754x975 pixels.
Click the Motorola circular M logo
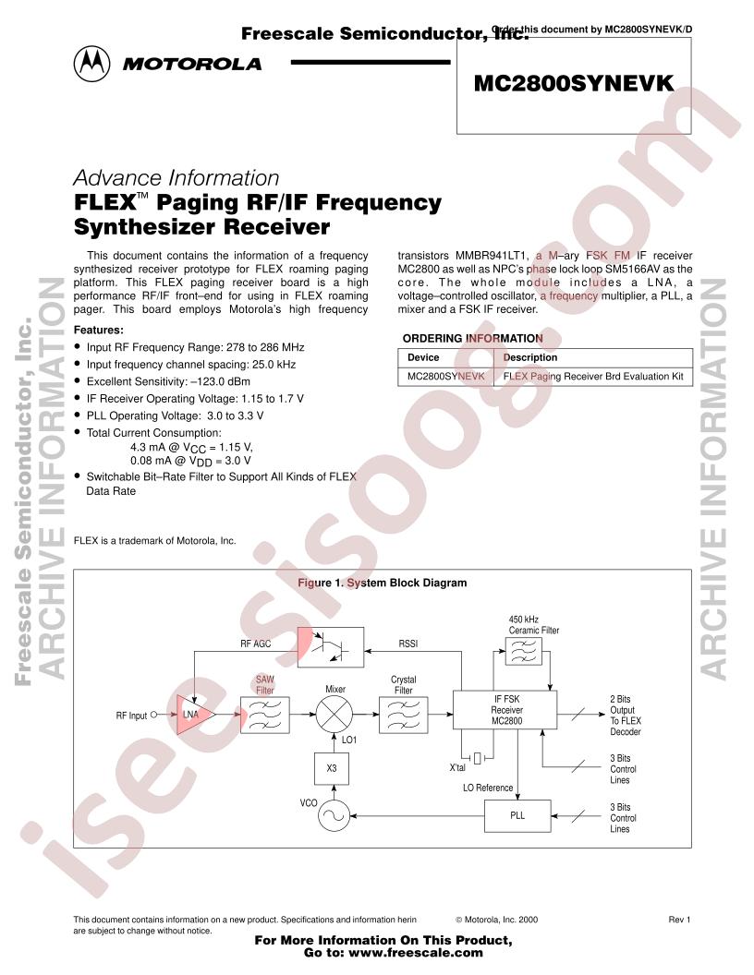point(92,64)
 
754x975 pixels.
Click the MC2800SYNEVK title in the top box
point(574,83)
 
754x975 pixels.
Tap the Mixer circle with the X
point(334,715)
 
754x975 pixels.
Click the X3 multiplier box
point(332,768)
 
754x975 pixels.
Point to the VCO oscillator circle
point(334,814)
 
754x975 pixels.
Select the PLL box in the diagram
point(517,815)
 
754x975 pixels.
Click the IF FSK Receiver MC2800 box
point(505,709)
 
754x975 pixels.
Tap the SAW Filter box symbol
point(265,715)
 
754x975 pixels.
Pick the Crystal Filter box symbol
point(403,715)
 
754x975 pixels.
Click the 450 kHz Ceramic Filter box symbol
point(523,651)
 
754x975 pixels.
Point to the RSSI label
point(408,644)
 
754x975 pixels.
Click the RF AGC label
point(256,644)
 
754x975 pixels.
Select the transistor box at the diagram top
point(331,647)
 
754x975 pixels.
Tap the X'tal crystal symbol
point(477,758)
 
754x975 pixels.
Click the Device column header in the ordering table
point(423,357)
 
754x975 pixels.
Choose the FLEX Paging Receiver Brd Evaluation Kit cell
point(593,376)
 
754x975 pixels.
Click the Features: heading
point(99,331)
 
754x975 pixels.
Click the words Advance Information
point(176,178)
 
